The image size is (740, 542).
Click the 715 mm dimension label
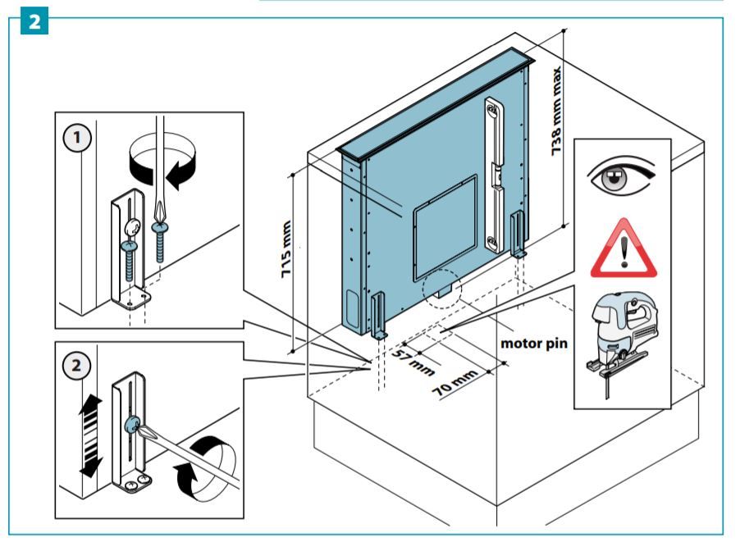(288, 251)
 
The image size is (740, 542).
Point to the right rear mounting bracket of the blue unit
(518, 234)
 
